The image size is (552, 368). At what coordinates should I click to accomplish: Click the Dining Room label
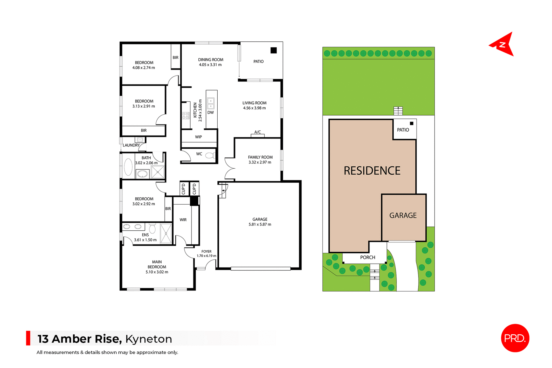point(210,60)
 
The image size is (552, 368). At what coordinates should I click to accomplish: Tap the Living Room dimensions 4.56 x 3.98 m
point(254,108)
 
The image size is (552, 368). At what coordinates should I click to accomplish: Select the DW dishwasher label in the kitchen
point(210,113)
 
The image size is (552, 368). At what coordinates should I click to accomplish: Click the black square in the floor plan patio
point(273,50)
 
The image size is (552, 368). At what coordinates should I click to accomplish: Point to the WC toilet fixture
point(210,156)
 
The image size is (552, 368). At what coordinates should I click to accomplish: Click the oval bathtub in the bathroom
point(128,167)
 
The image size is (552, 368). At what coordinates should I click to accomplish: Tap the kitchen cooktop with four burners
point(185,116)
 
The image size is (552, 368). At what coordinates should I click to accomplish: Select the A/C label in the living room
point(258,132)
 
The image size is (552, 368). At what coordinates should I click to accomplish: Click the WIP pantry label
point(198,137)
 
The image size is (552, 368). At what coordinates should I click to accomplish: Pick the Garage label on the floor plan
point(260,219)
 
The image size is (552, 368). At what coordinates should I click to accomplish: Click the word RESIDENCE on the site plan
point(372,171)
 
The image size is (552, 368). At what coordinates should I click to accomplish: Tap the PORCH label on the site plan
point(367,257)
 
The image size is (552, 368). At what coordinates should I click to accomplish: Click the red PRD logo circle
point(515,338)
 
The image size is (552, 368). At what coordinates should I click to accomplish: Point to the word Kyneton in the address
point(148,339)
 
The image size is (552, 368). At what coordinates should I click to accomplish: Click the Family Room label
point(260,157)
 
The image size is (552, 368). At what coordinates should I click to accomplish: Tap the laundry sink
point(140,140)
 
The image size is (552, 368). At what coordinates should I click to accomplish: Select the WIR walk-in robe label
point(183,220)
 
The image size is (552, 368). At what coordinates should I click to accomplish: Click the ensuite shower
point(166,234)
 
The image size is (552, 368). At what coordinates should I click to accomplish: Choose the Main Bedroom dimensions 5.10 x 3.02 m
point(157,272)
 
